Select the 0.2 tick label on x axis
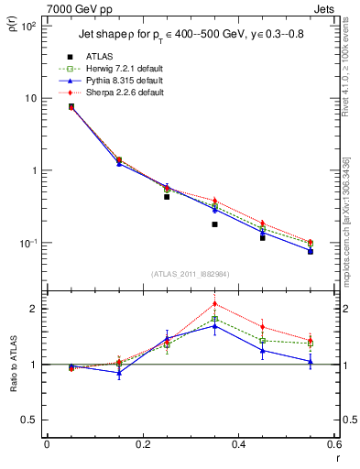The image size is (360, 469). pos(142,446)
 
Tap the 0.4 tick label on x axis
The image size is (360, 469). pos(238,446)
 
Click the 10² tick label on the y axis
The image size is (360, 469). pos(28,26)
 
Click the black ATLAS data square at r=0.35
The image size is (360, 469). pos(214,224)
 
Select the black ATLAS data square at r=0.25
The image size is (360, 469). pos(167,197)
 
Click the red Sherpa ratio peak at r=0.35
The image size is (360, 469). pos(214,304)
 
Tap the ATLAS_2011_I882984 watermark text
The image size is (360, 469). pos(190,274)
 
